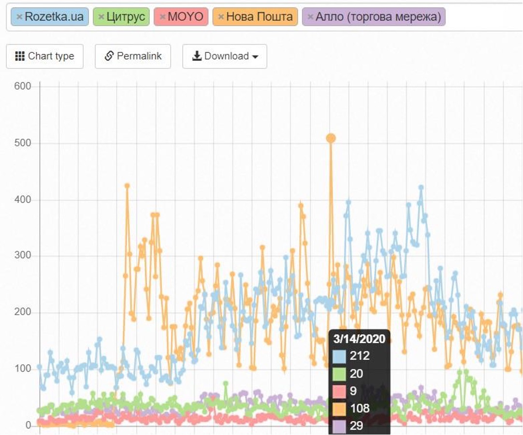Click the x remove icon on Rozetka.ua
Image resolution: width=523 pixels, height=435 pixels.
click(19, 17)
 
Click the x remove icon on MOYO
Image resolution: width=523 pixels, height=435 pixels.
click(162, 17)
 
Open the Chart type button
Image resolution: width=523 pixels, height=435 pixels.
click(44, 56)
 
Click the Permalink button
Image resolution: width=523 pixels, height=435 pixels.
click(133, 56)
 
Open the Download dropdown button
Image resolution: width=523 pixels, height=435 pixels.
click(225, 56)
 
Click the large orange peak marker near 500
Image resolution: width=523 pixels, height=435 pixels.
click(331, 138)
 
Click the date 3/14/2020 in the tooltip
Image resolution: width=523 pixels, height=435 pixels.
click(359, 338)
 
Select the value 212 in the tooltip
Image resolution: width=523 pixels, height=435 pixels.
click(360, 356)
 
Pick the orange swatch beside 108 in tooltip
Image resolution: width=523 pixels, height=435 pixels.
click(339, 408)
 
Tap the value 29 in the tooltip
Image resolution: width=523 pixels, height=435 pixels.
click(357, 426)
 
